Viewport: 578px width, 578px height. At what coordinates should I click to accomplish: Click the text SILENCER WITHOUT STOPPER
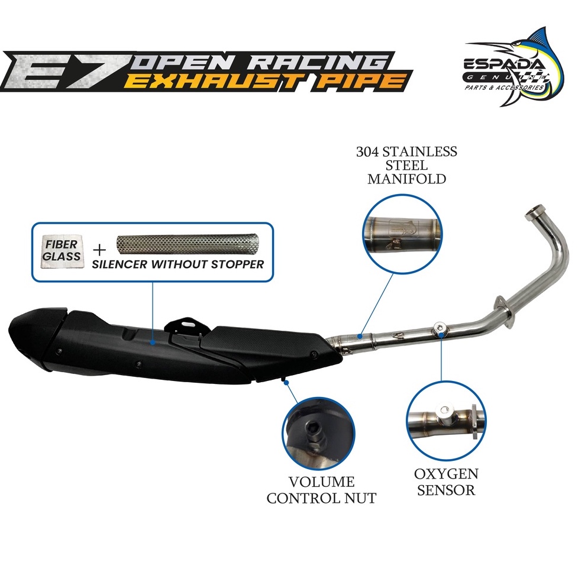coord(177,264)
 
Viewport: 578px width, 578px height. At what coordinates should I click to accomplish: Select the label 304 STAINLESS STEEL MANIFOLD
coord(406,164)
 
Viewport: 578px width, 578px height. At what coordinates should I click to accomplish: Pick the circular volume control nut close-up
coord(318,435)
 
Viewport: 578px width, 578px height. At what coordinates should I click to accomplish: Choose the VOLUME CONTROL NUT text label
coord(321,489)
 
